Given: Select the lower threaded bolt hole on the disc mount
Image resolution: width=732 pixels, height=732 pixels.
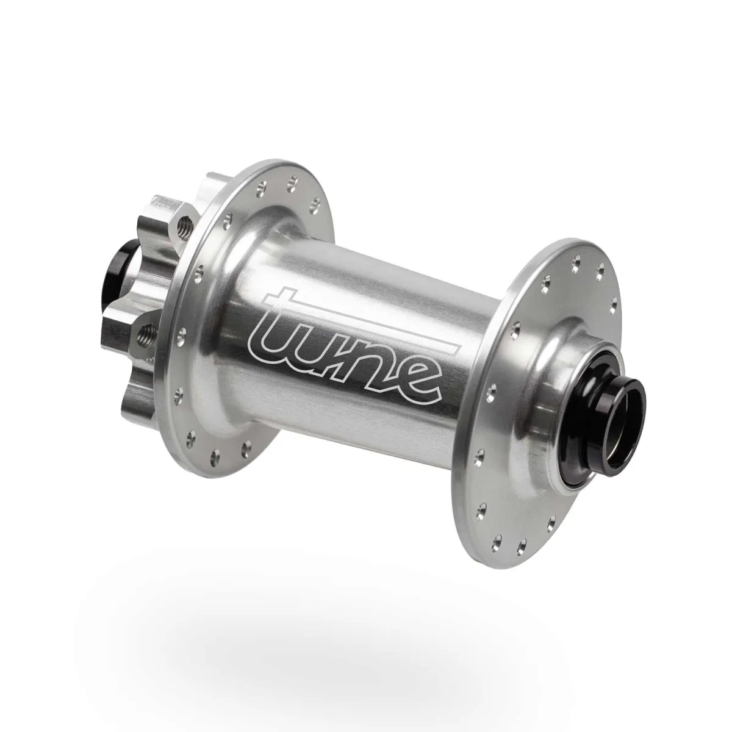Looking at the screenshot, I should [x=147, y=333].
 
